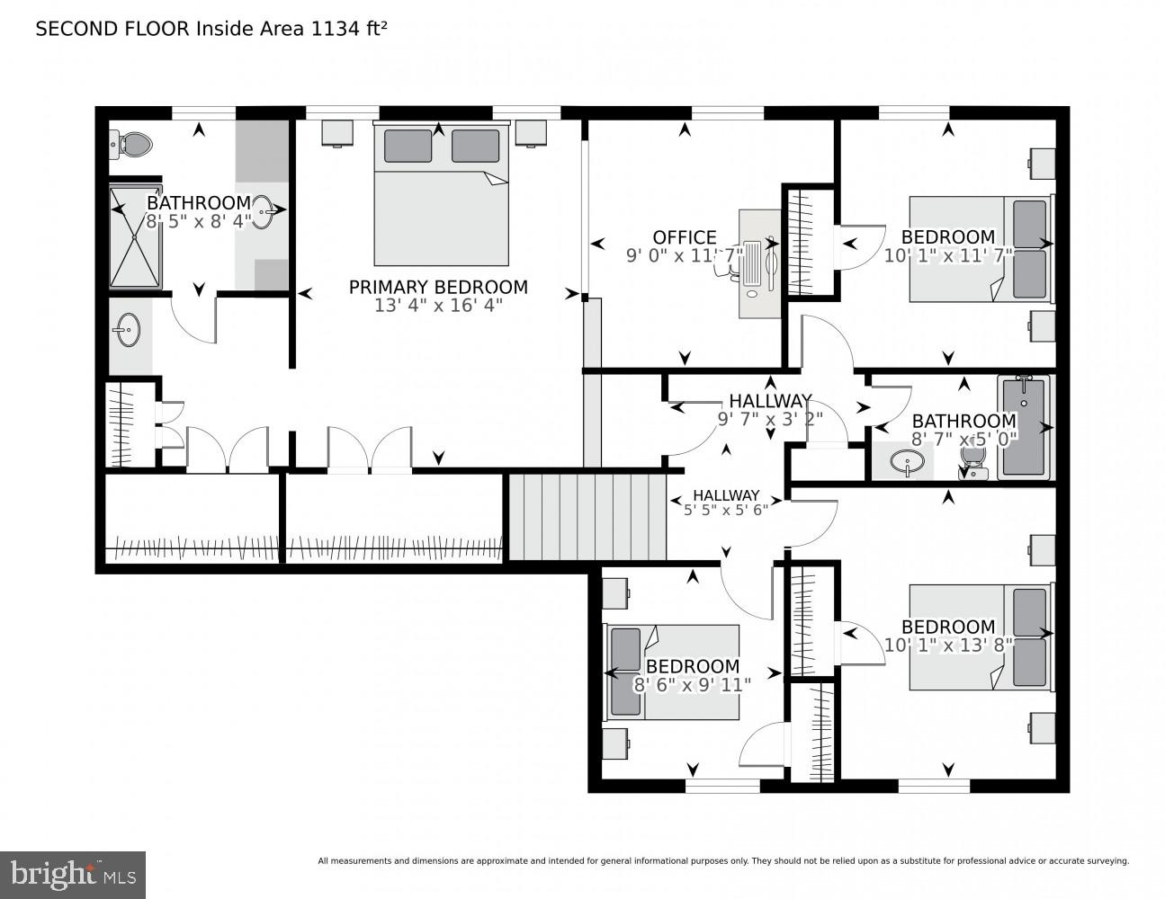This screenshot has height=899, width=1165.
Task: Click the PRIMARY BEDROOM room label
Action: click(x=438, y=287)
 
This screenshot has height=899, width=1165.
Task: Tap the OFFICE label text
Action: click(x=685, y=237)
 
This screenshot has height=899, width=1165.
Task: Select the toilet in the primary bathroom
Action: click(x=132, y=143)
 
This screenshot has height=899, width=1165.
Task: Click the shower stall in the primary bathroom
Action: click(x=135, y=236)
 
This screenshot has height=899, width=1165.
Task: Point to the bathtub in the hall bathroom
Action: click(x=1024, y=426)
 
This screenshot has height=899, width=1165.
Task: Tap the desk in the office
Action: click(x=760, y=263)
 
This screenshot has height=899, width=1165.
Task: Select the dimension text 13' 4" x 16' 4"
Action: click(x=438, y=306)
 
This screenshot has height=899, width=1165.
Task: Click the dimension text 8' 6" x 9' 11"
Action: click(x=692, y=684)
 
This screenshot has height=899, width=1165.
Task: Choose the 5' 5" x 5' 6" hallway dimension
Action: click(x=725, y=509)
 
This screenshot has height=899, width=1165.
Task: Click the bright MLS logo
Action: click(x=73, y=875)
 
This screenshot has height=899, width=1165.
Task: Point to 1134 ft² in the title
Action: click(x=349, y=29)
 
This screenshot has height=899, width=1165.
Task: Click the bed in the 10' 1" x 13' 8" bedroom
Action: click(x=980, y=637)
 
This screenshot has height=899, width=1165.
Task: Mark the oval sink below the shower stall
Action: click(x=129, y=330)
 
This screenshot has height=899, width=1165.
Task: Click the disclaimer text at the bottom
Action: click(x=722, y=861)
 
